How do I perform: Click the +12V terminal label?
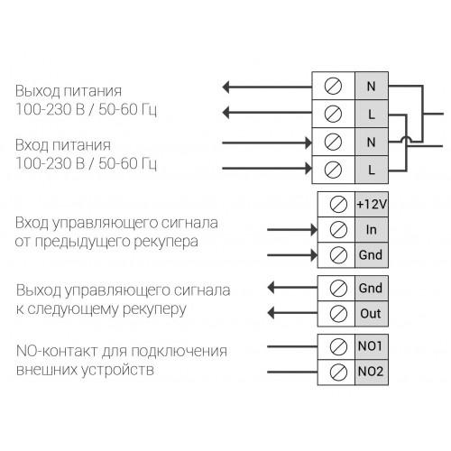coord(372,205)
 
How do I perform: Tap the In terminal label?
coord(372,230)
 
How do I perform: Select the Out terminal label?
coord(371,314)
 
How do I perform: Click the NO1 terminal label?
coord(370,346)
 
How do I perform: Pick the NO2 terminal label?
coord(371,372)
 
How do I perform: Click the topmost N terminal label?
coord(372,87)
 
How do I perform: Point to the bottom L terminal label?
coord(372,170)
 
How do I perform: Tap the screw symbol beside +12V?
coord(338,205)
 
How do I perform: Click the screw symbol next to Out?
coord(338,314)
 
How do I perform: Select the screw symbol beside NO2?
coord(338,372)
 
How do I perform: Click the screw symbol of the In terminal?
coord(338,230)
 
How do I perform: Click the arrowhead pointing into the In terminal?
coord(314,230)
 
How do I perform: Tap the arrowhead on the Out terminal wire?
coord(272,313)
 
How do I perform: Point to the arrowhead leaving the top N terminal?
coord(225,87)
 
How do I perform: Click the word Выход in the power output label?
coord(33,91)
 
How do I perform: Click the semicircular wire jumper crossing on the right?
coord(406,138)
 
